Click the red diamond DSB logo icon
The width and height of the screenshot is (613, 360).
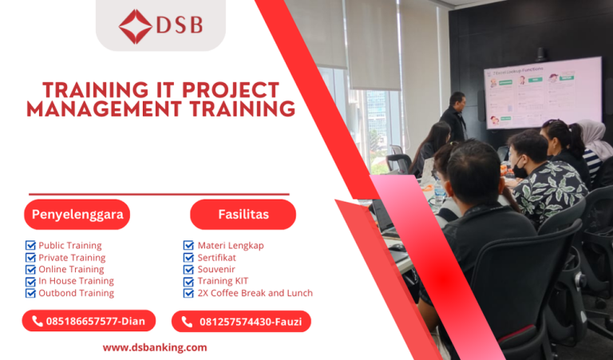(135, 26)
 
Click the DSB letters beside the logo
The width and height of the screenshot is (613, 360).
(180, 26)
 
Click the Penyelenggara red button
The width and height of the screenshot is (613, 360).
(76, 215)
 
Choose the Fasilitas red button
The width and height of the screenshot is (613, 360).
(243, 215)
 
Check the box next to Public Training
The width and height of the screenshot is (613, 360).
(30, 246)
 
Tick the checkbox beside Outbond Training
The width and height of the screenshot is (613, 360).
(30, 293)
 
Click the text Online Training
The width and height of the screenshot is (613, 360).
(72, 269)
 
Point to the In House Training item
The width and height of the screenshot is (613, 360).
(76, 281)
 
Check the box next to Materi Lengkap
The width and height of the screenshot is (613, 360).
(188, 246)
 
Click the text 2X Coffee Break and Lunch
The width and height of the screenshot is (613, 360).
(255, 293)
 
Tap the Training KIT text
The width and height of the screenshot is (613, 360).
(223, 281)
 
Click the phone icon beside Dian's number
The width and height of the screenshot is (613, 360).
(37, 322)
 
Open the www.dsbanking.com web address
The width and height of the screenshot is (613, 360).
(155, 347)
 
